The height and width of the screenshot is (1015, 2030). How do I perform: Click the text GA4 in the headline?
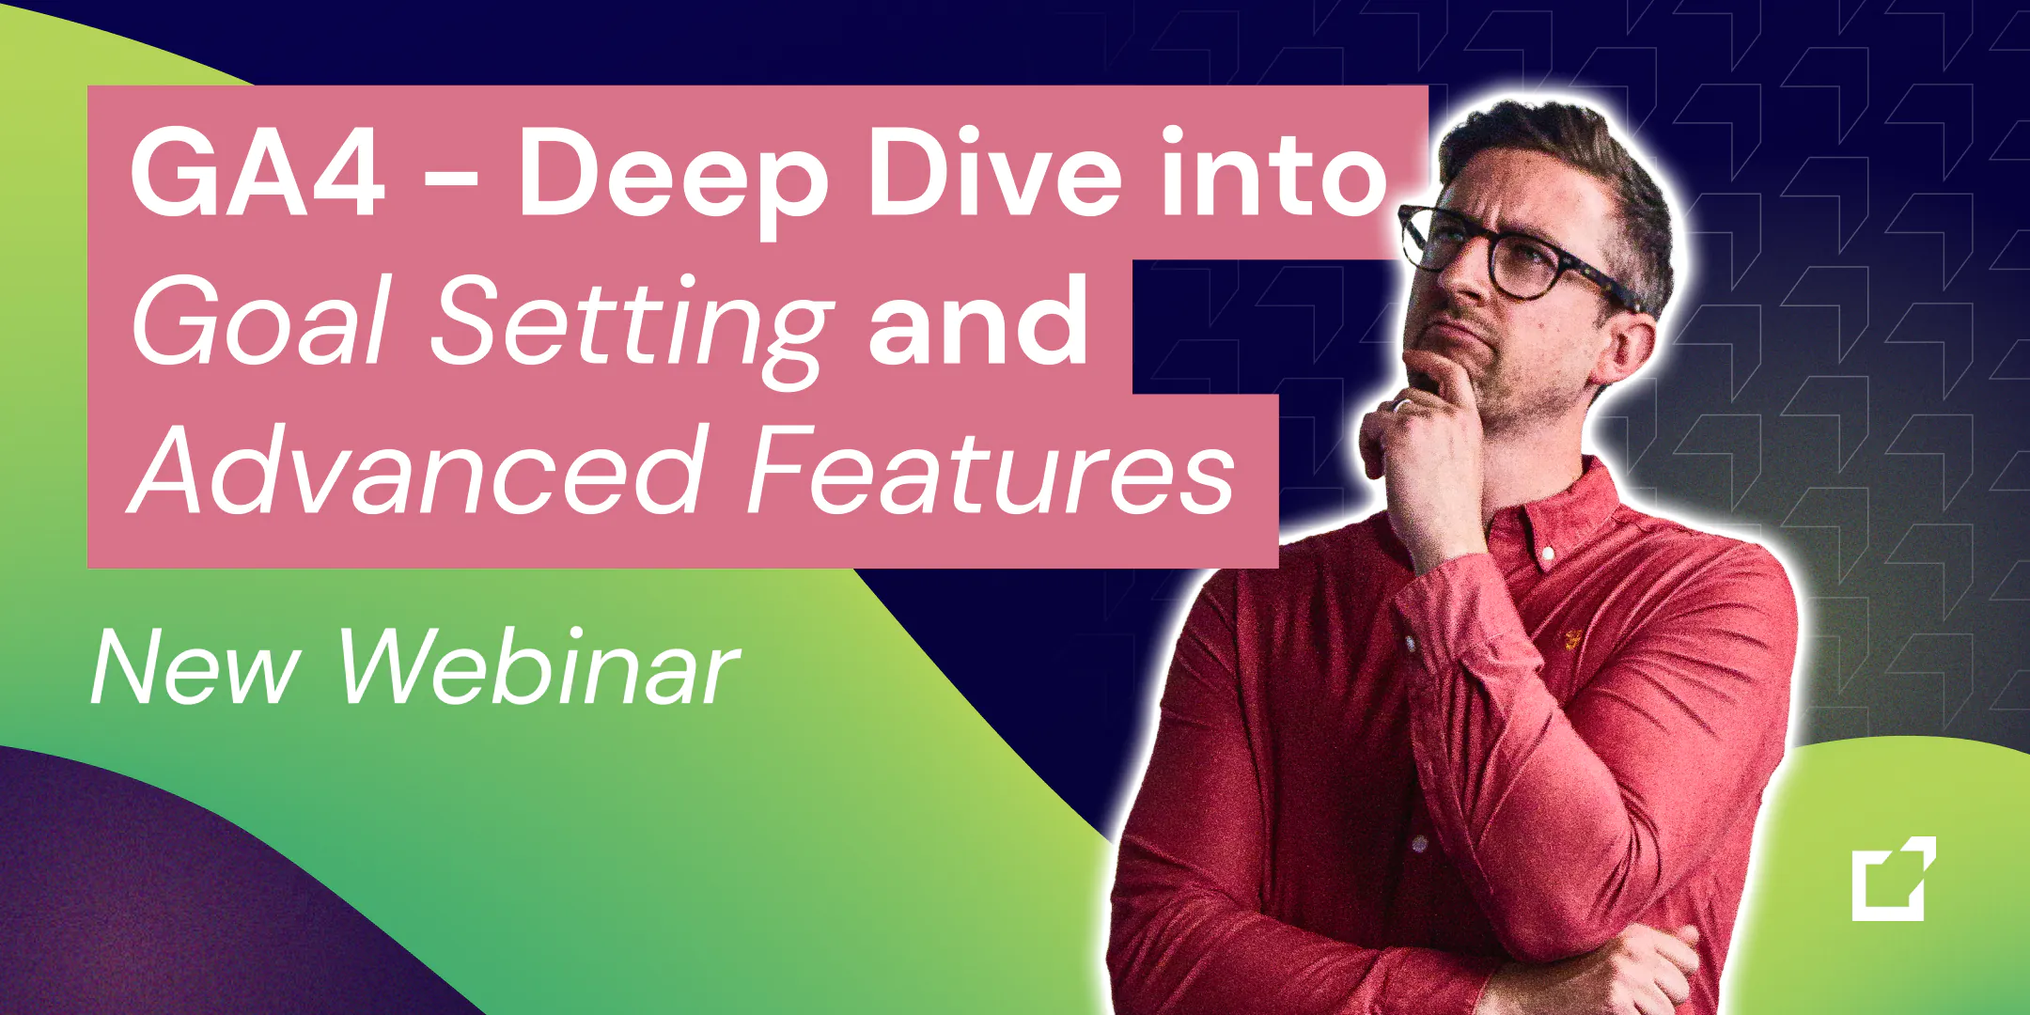pyautogui.click(x=257, y=175)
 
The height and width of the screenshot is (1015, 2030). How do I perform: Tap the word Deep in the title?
pyautogui.click(x=674, y=182)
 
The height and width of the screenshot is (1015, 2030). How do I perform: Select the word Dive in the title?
pyautogui.click(x=995, y=173)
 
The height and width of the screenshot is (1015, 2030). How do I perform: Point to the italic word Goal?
pyautogui.click(x=260, y=320)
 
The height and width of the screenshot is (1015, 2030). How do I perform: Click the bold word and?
pyautogui.click(x=978, y=320)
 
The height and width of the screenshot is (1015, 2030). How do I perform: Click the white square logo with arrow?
pyautogui.click(x=1894, y=879)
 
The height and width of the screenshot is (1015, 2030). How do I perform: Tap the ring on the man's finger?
pyautogui.click(x=1401, y=404)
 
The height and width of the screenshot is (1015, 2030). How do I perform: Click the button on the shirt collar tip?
pyautogui.click(x=1547, y=560)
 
